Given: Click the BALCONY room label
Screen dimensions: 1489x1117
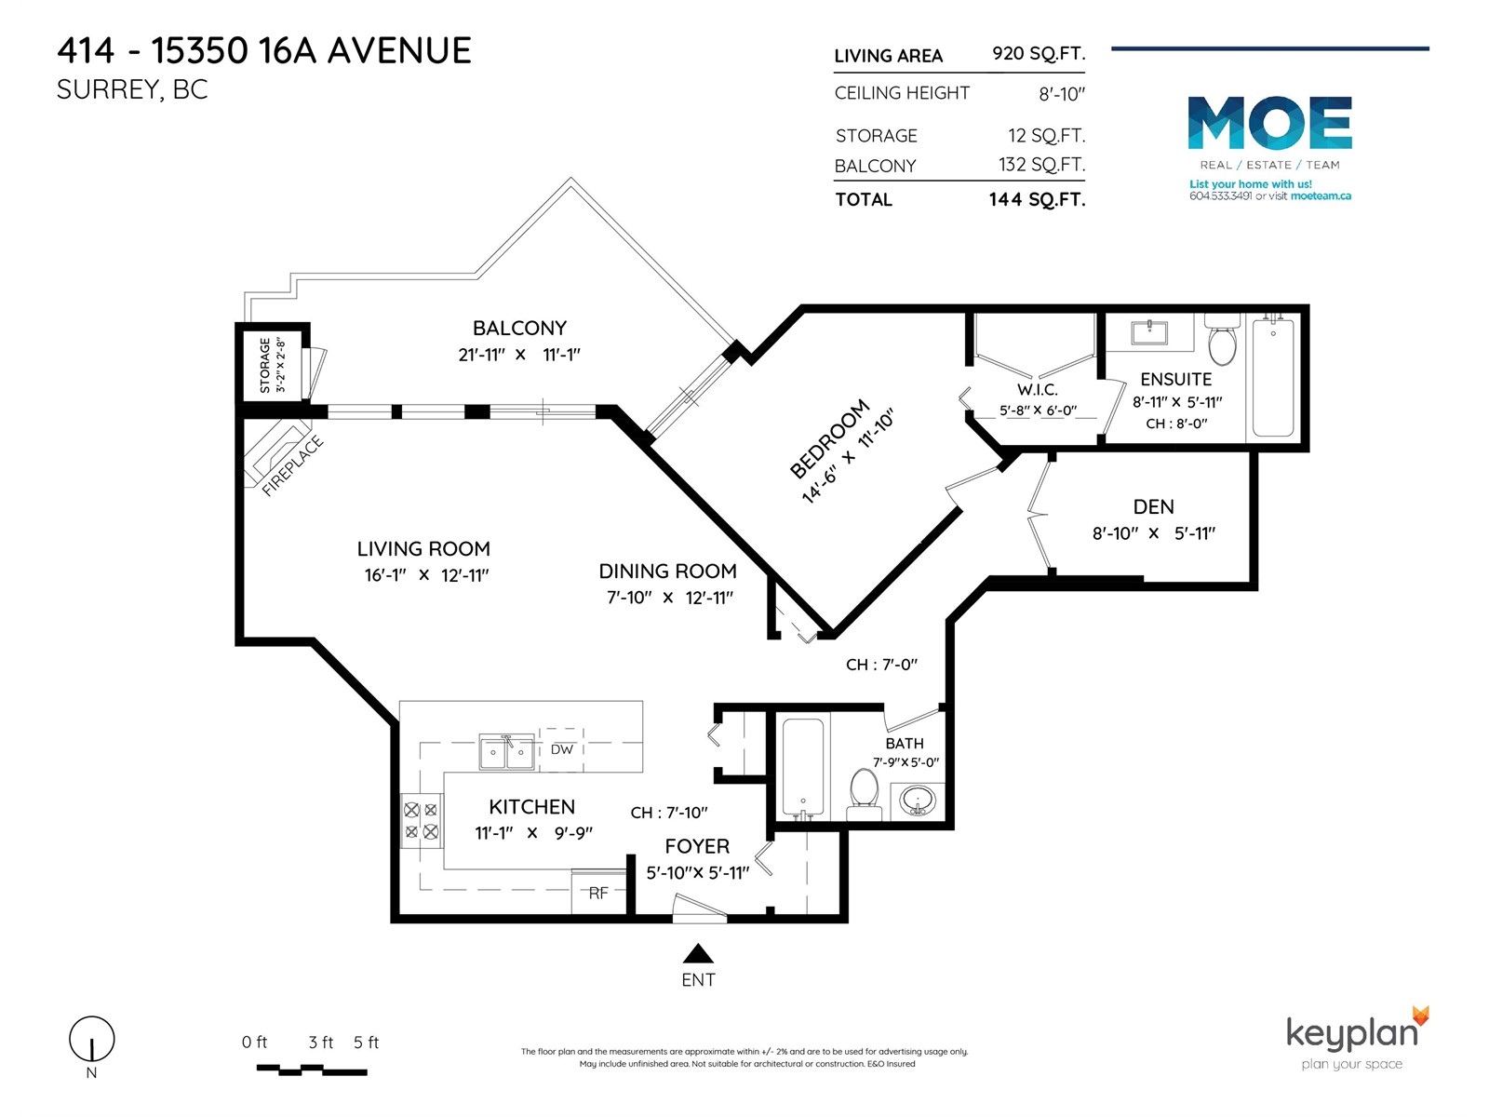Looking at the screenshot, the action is pos(519,329).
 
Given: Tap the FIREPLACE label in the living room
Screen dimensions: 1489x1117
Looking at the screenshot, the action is pos(292,466).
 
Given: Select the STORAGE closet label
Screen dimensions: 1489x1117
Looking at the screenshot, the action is pos(264,366).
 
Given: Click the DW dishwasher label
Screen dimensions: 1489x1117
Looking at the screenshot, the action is pos(561,749).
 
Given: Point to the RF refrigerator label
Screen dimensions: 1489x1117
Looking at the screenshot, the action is pos(597,894).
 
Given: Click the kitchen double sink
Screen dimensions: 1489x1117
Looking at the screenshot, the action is pos(507,751).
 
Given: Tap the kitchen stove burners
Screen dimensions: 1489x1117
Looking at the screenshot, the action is pos(421,821).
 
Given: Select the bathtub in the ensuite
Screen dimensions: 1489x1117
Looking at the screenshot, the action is pos(1272,377).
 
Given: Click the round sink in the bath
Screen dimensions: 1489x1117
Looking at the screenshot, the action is pos(918,801).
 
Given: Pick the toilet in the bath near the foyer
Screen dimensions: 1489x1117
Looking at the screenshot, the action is pos(865,794).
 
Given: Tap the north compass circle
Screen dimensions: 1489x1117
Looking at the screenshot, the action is pos(91,1038).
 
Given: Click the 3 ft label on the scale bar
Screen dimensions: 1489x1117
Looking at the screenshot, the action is pos(321,1042).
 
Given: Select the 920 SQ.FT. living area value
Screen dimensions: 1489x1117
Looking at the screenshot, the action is pos(1039,54).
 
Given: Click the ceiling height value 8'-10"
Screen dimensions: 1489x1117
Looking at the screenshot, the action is pos(1062,94).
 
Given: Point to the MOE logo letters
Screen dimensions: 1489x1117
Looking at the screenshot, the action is pos(1270,123).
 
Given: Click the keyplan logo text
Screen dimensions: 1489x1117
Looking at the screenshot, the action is pos(1351,1034).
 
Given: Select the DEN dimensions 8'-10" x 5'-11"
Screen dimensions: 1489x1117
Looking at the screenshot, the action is pos(1153,533).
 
